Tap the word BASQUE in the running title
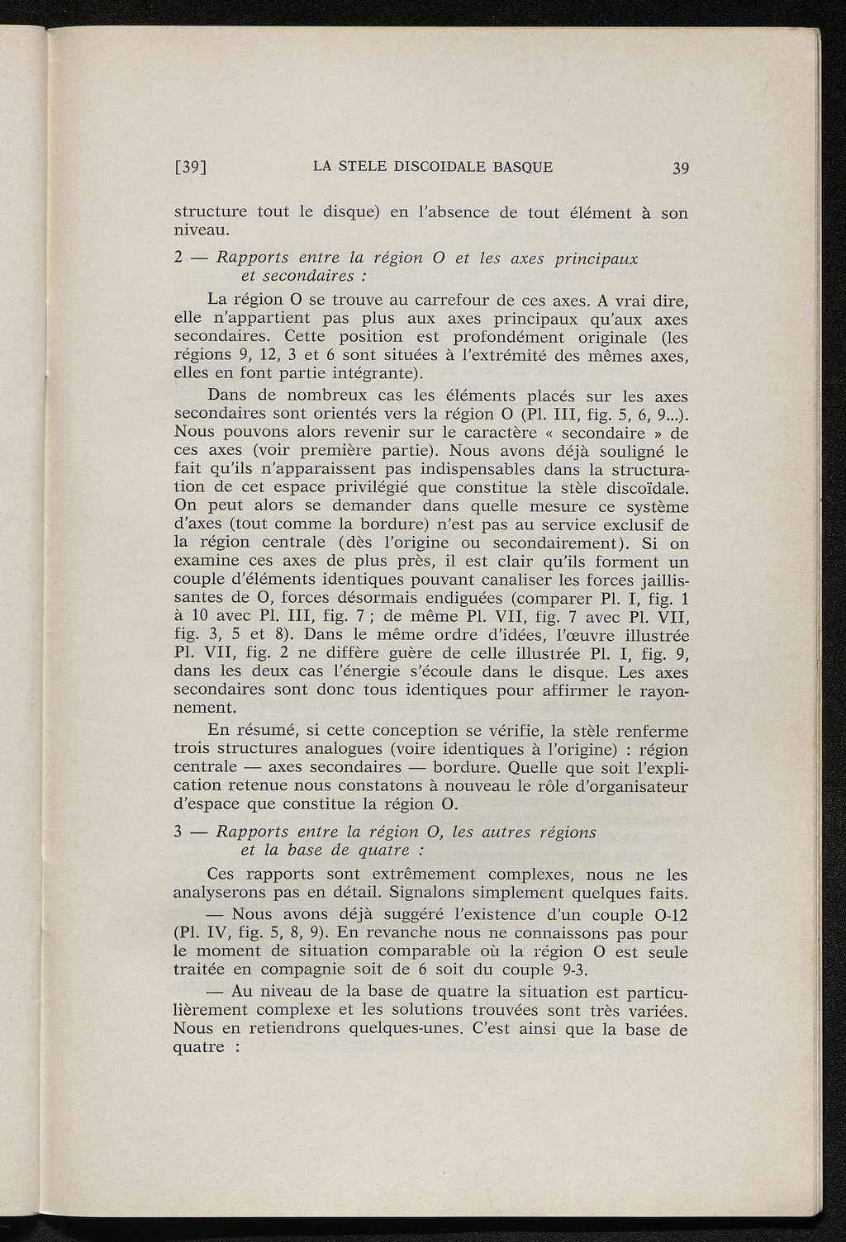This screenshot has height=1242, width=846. (x=522, y=167)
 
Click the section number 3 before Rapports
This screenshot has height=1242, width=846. (x=179, y=832)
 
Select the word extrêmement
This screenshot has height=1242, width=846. (x=413, y=874)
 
